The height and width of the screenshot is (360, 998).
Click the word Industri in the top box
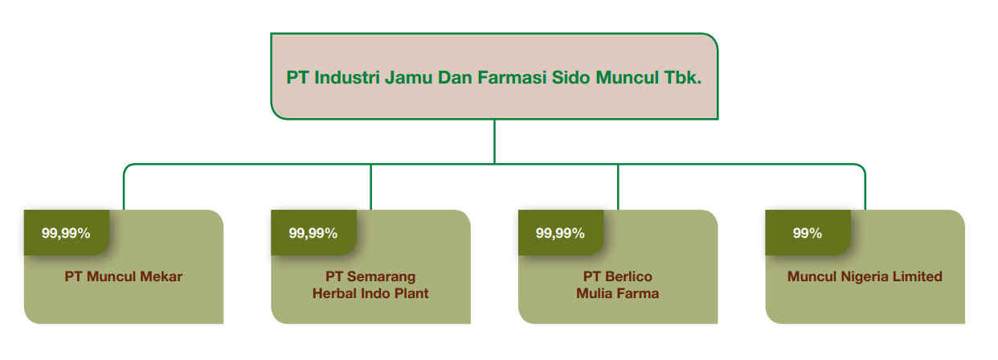pos(347,77)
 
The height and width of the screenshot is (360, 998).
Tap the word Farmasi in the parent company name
pos(512,77)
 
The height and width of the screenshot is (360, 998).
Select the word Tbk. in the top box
pos(683,77)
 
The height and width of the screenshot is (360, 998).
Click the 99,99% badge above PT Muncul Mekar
pos(66,233)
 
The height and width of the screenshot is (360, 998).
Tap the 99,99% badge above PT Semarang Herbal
pos(313,233)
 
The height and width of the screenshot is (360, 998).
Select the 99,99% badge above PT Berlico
pos(560,233)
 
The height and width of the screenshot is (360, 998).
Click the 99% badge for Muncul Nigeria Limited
pos(808,233)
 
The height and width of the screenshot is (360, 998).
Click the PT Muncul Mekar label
pos(124,276)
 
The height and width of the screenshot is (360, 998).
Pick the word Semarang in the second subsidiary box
pos(381,276)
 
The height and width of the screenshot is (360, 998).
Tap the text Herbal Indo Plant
pos(370,293)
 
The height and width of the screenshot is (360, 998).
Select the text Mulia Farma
pos(617,293)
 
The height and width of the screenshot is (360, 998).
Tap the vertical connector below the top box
pos(494,141)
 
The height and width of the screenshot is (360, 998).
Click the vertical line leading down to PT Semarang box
pos(370,187)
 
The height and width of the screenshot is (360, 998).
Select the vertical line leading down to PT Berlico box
pos(618,187)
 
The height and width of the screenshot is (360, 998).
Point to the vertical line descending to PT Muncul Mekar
pos(124,190)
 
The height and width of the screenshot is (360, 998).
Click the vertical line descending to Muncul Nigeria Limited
pos(865,190)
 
